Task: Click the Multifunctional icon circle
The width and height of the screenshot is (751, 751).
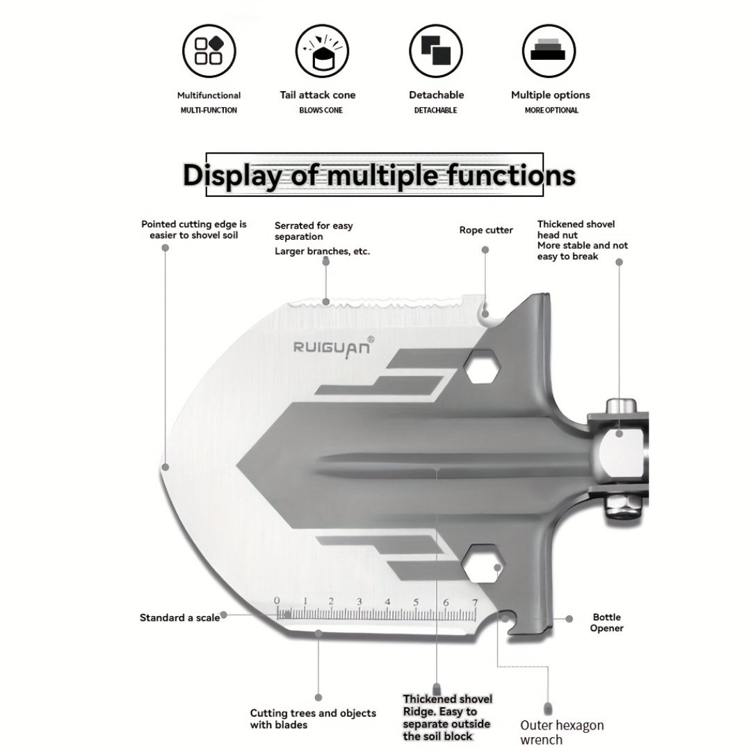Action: [x=209, y=51]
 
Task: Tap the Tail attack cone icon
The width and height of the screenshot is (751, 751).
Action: [x=322, y=51]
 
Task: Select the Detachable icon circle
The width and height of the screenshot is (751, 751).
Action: [x=436, y=51]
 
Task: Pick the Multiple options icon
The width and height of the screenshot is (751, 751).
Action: [x=549, y=51]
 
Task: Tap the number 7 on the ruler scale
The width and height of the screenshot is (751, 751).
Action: [x=474, y=601]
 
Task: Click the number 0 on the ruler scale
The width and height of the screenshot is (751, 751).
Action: [x=276, y=601]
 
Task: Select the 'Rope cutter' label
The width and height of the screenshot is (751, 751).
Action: [x=486, y=230]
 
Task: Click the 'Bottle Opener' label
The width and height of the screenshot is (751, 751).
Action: [x=606, y=622]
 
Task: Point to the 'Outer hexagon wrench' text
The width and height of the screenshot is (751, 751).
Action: [x=562, y=732]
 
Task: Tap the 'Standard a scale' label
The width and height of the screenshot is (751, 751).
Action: [x=179, y=617]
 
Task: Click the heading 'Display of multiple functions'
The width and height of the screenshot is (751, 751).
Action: [x=378, y=175]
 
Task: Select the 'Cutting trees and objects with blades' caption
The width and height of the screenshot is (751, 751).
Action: [x=313, y=719]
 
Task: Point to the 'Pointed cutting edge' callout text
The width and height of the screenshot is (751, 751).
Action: [x=194, y=229]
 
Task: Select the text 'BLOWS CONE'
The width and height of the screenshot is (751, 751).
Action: [x=321, y=110]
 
